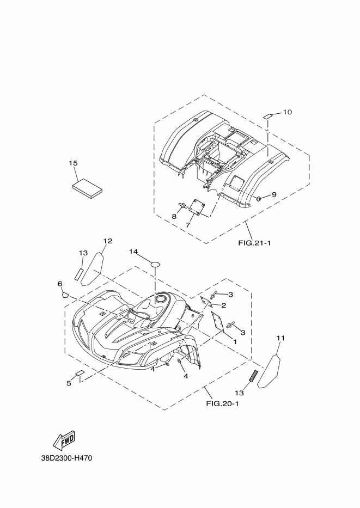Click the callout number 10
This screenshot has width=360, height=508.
(x=288, y=112)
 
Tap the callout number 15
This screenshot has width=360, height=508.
(x=74, y=163)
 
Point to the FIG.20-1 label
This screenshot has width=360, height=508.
(x=222, y=403)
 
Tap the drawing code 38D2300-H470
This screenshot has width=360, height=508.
(x=66, y=458)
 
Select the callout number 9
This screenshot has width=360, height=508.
(x=274, y=194)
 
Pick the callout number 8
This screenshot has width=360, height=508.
(x=174, y=216)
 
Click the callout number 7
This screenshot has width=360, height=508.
(x=188, y=224)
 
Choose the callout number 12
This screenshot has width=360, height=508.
(x=107, y=241)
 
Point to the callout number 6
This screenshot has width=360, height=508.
(x=60, y=284)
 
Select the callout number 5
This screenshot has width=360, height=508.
(x=69, y=383)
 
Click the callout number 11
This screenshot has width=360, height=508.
(x=280, y=338)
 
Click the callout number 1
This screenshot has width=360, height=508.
(x=234, y=341)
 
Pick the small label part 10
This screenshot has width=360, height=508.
(x=269, y=116)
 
